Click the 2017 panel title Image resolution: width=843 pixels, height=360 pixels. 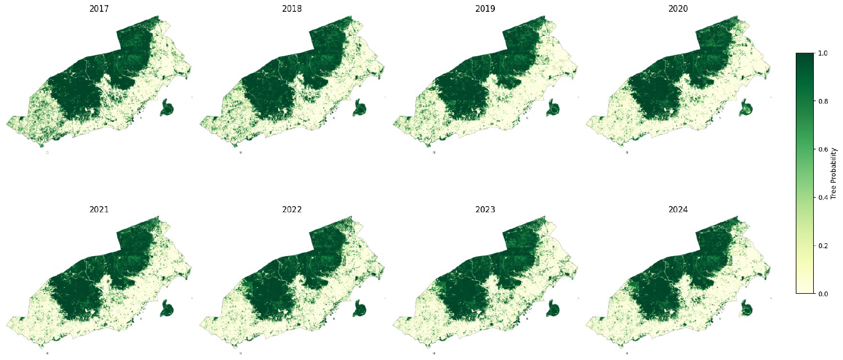pos(99,8)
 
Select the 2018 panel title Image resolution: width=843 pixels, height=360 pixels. pos(292,8)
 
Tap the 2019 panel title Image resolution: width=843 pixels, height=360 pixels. pos(485,8)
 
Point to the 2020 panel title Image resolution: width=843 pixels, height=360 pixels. pos(678,8)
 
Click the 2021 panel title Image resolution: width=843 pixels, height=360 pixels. pos(99,209)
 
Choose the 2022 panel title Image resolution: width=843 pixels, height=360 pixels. pos(292,209)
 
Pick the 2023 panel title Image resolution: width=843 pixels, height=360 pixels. pos(485,209)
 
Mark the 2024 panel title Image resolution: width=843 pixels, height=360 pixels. pos(678,209)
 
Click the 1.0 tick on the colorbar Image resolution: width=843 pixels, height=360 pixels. pos(823,53)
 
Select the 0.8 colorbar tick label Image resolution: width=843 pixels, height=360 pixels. pos(823,101)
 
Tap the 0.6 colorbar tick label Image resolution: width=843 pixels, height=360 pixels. pos(823,149)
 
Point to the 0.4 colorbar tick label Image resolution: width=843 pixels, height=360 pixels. pos(823,198)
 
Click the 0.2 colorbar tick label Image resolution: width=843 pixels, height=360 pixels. pos(823,246)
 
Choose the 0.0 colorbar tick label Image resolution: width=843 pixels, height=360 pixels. pos(823,294)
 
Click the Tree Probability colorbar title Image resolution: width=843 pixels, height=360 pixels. pos(834,173)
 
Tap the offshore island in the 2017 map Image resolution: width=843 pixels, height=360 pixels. pos(167,107)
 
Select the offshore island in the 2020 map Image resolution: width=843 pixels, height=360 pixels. pos(746,107)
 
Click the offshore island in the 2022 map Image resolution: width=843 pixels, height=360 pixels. pos(360,308)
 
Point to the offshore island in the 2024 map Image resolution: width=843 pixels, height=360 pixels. pos(746,308)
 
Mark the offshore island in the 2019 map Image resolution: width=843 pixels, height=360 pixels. pos(553,107)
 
